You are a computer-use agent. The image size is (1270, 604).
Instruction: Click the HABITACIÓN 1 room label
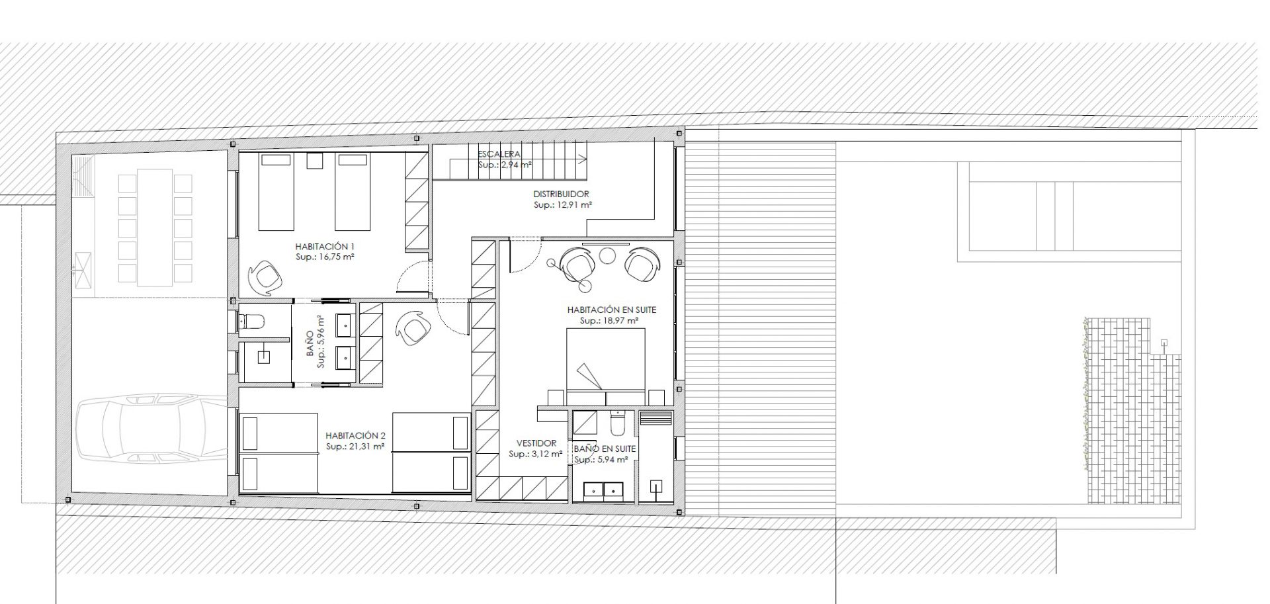pos(325,247)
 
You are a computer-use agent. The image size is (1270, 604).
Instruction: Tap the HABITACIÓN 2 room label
pos(355,436)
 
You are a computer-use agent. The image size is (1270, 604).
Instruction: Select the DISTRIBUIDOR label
pos(561,194)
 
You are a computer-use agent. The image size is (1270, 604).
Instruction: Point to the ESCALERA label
pos(499,154)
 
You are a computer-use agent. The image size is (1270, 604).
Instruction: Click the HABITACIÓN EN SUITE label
pos(612,310)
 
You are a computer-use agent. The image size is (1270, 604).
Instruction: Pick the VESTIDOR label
pos(536,443)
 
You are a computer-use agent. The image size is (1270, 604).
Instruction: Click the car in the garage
pos(152,428)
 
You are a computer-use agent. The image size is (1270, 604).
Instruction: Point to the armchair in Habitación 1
pos(265,277)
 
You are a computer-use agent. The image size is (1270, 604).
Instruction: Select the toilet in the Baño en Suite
pos(616,423)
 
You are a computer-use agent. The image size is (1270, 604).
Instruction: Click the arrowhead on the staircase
pos(582,158)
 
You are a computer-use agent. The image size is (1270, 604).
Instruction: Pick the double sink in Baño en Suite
pos(603,490)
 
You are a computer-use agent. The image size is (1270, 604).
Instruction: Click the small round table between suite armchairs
pos(607,255)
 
